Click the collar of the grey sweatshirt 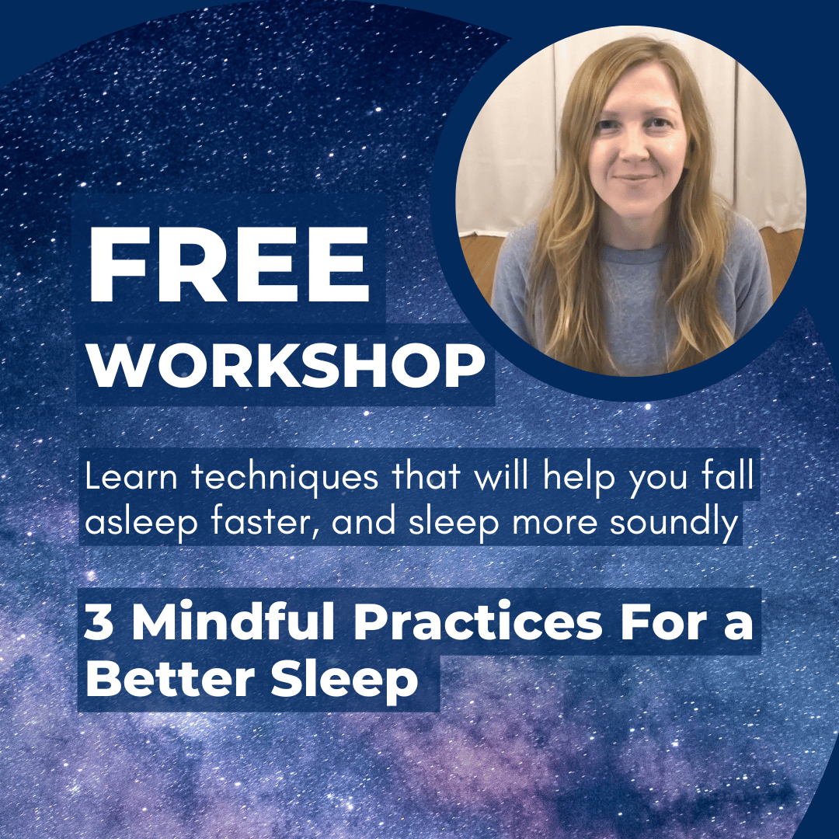point(621,233)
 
